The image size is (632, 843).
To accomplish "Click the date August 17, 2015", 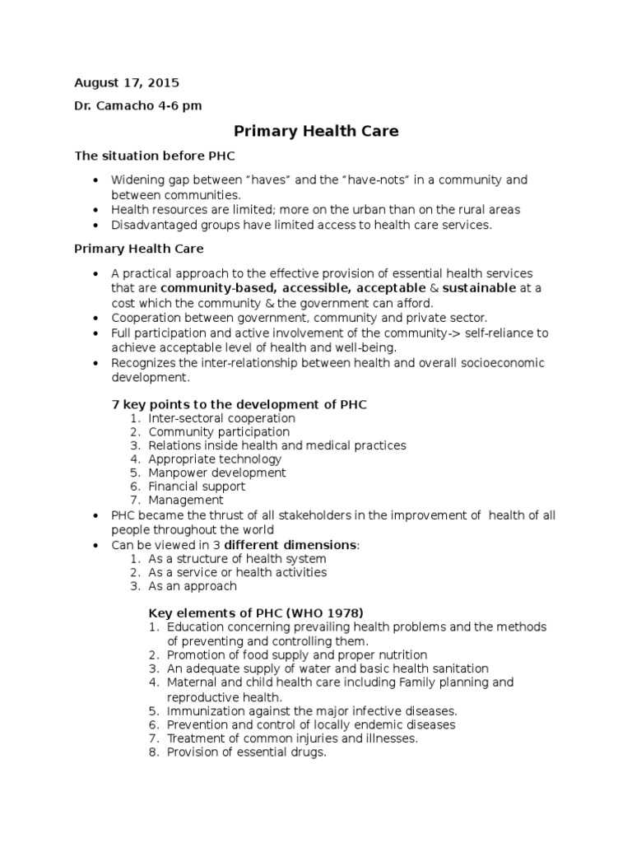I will (127, 83).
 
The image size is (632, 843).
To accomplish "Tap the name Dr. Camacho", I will (110, 105).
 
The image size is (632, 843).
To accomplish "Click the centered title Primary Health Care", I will (316, 131).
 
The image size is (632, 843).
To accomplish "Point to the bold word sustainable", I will (480, 288).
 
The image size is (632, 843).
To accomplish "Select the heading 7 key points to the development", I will (239, 404).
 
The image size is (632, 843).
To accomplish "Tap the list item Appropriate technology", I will (215, 459).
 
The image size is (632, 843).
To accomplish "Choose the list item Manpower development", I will (217, 473).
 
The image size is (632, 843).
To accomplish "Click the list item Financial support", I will (197, 487).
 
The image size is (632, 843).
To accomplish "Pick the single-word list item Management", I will (186, 500).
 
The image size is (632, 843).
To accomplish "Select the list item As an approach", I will (193, 586).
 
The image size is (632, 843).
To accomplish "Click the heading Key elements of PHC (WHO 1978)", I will (255, 612).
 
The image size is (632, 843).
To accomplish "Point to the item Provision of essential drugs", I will (247, 752).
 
